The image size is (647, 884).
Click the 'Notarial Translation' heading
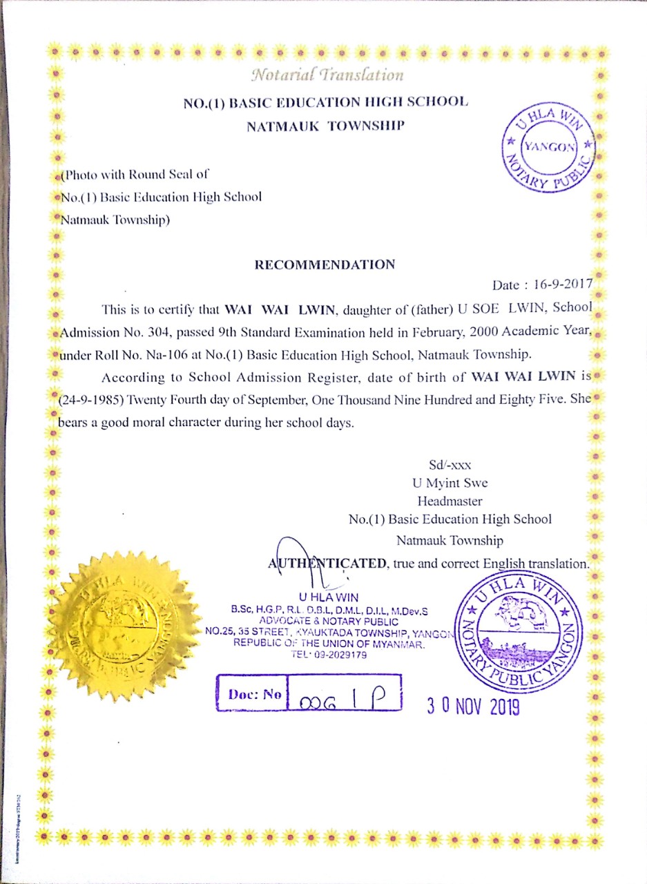click(327, 73)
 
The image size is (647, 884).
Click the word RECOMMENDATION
click(325, 265)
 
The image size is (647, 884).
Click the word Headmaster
click(450, 501)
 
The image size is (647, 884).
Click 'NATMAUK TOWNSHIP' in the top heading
click(325, 126)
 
